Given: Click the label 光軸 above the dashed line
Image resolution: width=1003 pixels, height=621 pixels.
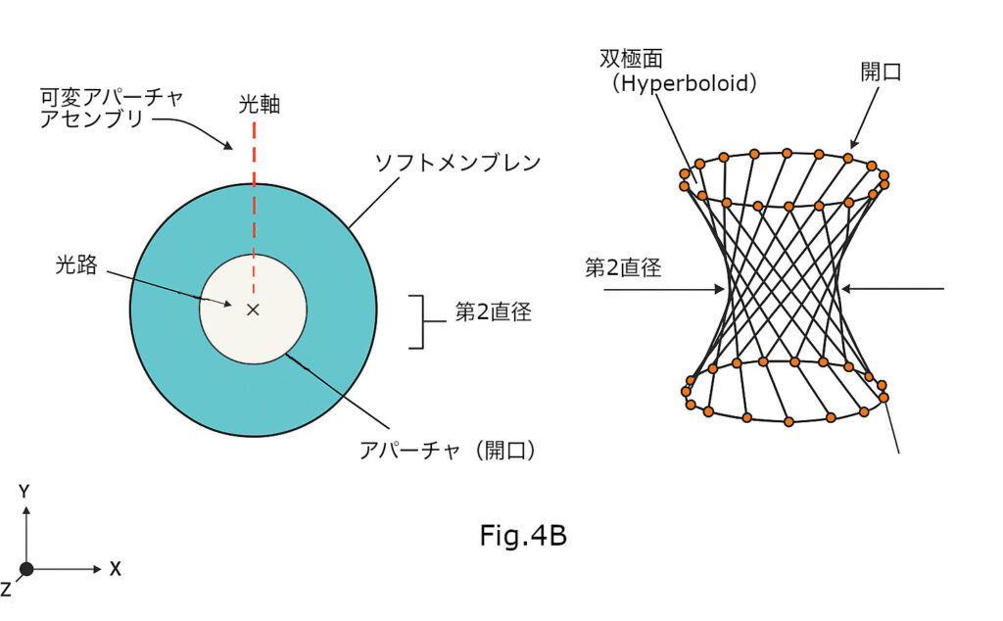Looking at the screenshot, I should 259,104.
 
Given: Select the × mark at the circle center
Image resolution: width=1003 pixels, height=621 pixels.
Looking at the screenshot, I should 253,310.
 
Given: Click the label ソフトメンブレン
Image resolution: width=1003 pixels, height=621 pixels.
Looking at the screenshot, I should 457,164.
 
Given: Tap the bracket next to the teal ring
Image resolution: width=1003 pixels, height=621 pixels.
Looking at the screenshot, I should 420,321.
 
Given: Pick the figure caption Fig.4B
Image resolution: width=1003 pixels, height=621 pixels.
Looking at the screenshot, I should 523,536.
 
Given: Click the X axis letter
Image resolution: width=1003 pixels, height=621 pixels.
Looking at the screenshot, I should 115,569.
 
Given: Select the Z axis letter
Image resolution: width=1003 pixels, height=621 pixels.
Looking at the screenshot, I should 6,589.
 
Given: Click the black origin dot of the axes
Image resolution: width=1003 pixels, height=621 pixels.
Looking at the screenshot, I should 26,569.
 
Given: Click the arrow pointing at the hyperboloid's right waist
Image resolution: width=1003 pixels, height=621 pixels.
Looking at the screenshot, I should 891,289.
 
